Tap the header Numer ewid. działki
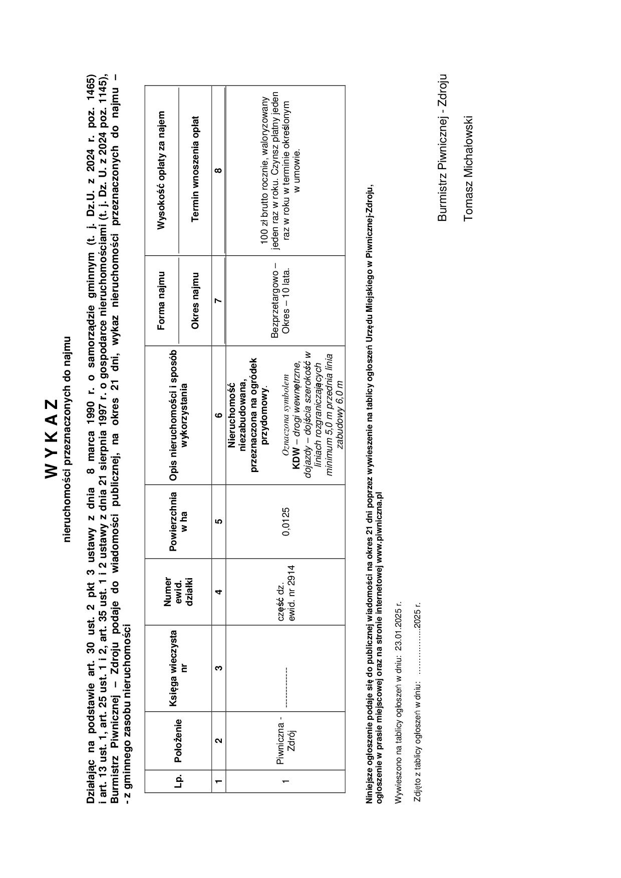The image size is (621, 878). click(178, 592)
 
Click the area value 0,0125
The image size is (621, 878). click(286, 522)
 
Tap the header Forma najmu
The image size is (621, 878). click(161, 301)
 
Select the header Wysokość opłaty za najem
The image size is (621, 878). click(161, 170)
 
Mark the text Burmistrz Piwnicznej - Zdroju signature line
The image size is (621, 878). click(442, 148)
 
